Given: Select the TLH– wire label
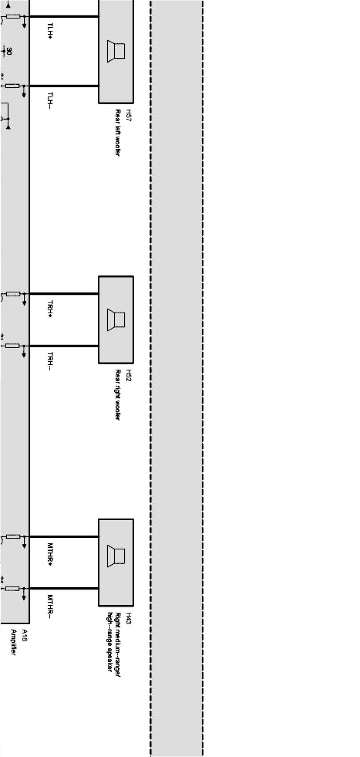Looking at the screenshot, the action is pyautogui.click(x=50, y=101).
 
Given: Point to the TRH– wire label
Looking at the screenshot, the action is pyautogui.click(x=50, y=361).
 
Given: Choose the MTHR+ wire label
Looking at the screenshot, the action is pyautogui.click(x=50, y=554).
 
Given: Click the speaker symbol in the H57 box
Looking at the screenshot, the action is pyautogui.click(x=116, y=51).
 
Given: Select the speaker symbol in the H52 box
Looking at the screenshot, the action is pyautogui.click(x=116, y=319).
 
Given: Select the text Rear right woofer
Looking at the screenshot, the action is pyautogui.click(x=118, y=395).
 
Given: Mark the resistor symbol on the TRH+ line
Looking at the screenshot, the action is pyautogui.click(x=13, y=293).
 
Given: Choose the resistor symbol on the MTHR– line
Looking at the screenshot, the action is pyautogui.click(x=13, y=588).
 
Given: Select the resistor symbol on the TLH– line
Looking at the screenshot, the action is pyautogui.click(x=13, y=86).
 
